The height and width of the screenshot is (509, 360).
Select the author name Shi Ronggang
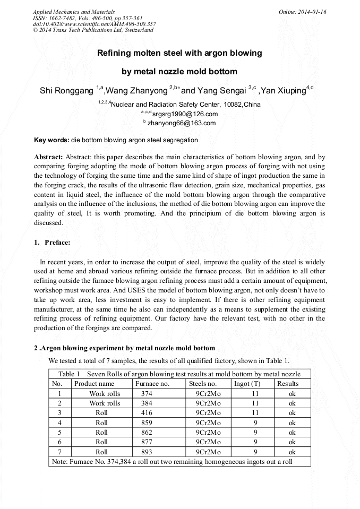click(67, 91)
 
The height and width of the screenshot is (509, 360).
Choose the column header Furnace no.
click(152, 384)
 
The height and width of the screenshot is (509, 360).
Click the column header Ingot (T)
click(247, 384)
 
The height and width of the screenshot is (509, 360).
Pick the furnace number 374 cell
click(147, 394)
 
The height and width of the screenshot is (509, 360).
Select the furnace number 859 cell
click(147, 423)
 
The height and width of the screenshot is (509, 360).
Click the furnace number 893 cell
click(147, 452)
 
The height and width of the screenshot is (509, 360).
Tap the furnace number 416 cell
click(147, 413)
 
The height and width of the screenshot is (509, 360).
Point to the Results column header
click(288, 384)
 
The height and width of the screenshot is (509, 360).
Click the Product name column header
click(94, 384)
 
